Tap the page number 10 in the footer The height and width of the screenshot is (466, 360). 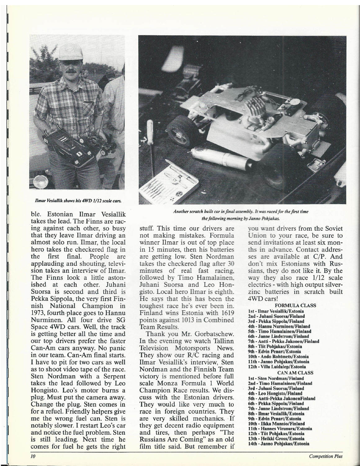pyautogui.click(x=33, y=456)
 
